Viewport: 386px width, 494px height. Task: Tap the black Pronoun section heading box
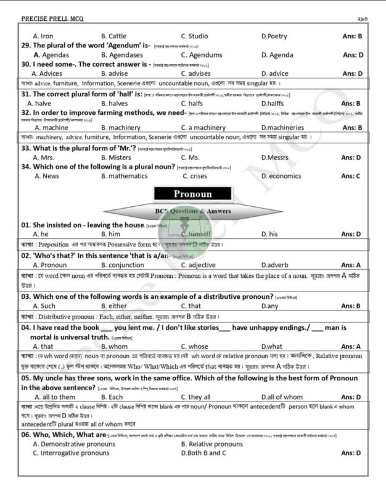pos(192,194)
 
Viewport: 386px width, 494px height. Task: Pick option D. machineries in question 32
pos(284,127)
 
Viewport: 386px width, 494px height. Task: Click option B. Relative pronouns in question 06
pos(212,444)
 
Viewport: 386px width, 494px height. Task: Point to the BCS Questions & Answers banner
pos(192,211)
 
